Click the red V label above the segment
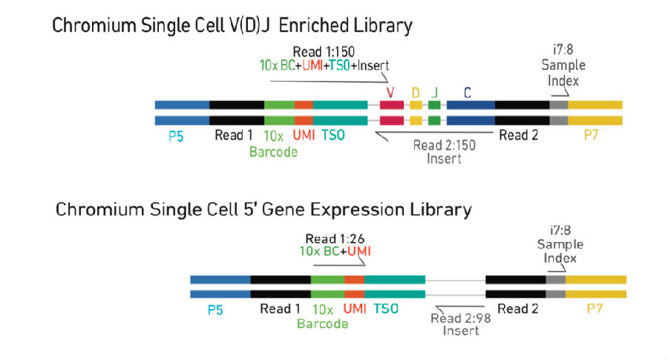coord(390,93)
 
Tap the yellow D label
coord(416,93)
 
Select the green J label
coord(434,93)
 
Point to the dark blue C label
coord(468,93)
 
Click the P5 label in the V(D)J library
coord(176,137)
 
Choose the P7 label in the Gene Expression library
coord(595,309)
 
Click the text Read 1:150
coord(324,52)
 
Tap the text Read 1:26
coord(335,238)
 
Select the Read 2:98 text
coord(460,318)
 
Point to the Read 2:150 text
coord(445,145)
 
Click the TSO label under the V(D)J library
coord(333,135)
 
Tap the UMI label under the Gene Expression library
coord(355,309)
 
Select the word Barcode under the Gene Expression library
coord(323,324)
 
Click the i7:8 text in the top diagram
coord(563,50)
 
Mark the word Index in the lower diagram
coord(560,258)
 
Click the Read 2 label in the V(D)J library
coord(519,135)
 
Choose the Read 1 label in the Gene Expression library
coord(280,309)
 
